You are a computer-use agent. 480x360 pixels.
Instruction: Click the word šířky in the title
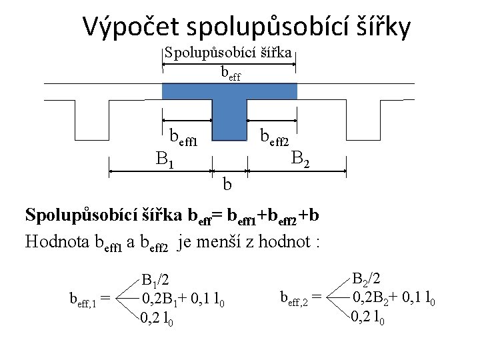[378, 27]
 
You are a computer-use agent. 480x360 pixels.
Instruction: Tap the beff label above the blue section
[231, 74]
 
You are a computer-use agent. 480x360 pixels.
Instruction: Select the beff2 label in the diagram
[274, 138]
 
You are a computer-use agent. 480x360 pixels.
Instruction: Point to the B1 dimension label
[165, 159]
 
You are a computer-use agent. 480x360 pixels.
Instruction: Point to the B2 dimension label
[301, 159]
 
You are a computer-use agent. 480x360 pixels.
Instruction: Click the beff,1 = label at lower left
[91, 298]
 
